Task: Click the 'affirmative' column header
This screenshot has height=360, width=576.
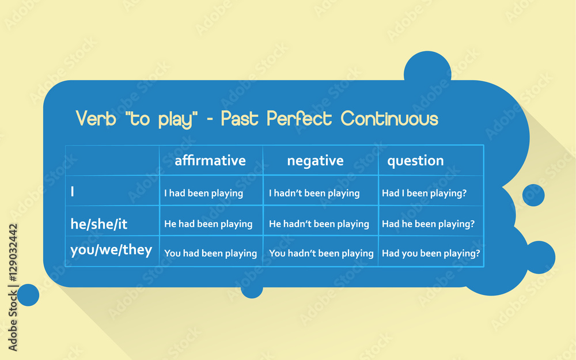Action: click(x=210, y=161)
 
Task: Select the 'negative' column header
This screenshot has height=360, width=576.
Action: click(x=315, y=161)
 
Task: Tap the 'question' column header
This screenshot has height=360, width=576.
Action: click(x=415, y=161)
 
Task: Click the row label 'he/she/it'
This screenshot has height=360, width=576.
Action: click(x=99, y=223)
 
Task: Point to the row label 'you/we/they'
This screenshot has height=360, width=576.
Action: click(x=111, y=250)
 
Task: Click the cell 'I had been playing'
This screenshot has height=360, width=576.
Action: click(x=203, y=193)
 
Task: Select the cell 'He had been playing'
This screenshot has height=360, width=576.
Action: click(x=209, y=224)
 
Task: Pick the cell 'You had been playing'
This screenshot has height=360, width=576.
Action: click(x=210, y=253)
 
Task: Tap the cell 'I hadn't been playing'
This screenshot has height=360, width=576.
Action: click(x=314, y=193)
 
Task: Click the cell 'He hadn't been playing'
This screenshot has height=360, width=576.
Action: click(x=319, y=224)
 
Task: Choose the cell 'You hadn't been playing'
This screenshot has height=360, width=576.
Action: click(x=321, y=253)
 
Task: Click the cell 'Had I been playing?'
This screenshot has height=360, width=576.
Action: click(x=425, y=193)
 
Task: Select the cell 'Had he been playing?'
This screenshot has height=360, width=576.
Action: click(x=429, y=224)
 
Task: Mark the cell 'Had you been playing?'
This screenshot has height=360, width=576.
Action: click(x=431, y=253)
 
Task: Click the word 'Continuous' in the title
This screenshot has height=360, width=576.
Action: click(x=389, y=119)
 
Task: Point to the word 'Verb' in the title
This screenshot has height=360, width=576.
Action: click(x=96, y=119)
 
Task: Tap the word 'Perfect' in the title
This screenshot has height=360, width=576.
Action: click(x=299, y=119)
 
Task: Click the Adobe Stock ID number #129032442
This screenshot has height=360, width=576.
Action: click(x=13, y=253)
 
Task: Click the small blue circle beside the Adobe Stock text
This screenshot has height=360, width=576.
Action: click(x=28, y=295)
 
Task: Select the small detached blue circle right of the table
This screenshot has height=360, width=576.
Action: click(x=533, y=195)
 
